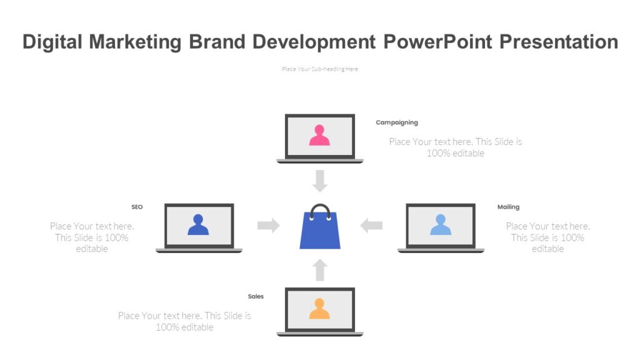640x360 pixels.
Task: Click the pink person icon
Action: click(319, 136)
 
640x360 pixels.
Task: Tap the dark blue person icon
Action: click(198, 225)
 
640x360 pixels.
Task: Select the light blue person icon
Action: click(440, 225)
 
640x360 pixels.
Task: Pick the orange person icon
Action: click(319, 309)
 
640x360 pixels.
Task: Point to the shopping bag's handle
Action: click(320, 209)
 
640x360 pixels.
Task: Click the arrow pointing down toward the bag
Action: click(320, 181)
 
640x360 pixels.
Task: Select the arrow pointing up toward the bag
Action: click(320, 270)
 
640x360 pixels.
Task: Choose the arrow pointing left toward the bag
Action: click(371, 226)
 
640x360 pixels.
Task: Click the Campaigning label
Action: click(397, 122)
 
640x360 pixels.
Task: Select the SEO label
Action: click(137, 207)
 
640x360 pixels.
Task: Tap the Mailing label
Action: click(508, 207)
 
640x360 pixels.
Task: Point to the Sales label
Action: click(256, 296)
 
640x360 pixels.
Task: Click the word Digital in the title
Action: click(52, 42)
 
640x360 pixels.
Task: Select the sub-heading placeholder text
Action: click(320, 69)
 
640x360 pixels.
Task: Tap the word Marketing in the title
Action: click(136, 42)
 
